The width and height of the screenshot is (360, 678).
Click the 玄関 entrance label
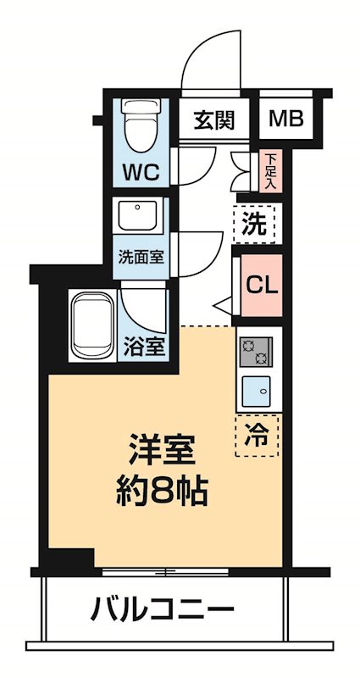coord(212,119)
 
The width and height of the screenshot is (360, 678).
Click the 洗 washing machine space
coord(255,225)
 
